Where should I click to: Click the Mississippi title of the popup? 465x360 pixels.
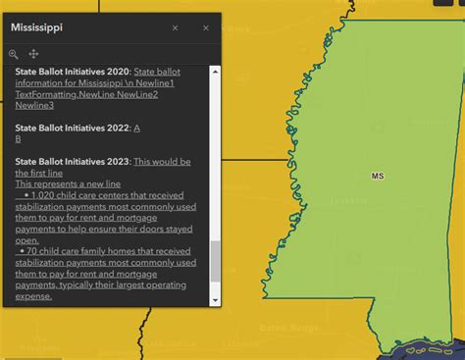point(38,27)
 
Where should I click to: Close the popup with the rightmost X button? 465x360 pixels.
point(206,28)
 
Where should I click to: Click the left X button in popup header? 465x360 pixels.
point(175,28)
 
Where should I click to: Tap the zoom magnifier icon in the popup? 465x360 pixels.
point(14,54)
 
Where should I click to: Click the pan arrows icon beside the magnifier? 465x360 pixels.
point(33,54)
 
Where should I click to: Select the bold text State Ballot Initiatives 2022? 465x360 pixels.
point(73,128)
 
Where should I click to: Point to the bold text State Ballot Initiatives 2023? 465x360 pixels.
point(73,161)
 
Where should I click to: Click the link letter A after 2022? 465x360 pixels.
point(136,128)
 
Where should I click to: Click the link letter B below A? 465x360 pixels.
point(19,139)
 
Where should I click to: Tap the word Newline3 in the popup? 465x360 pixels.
point(34,105)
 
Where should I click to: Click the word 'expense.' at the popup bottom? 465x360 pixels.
point(34,295)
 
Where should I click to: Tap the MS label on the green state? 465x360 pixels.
point(378,177)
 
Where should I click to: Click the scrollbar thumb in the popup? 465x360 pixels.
point(215,263)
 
